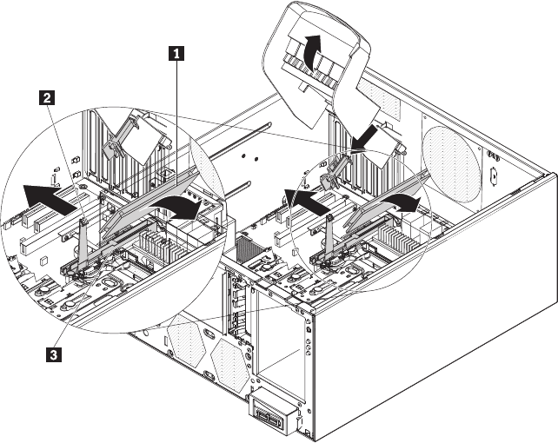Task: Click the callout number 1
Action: point(178,53)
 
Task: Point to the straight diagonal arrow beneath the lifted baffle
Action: point(367,134)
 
